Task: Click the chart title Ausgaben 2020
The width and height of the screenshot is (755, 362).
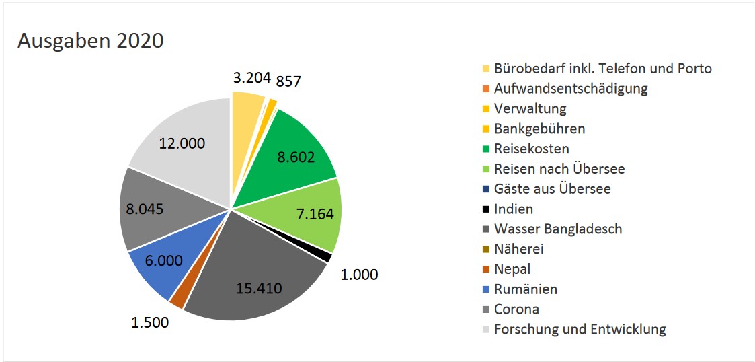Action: pos(90,40)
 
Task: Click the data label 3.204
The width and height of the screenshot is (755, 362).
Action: pos(251,77)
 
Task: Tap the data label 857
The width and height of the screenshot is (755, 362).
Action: pos(289,81)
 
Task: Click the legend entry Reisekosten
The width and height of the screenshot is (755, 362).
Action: pos(531,149)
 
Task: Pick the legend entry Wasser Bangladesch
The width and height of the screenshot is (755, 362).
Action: pos(557,229)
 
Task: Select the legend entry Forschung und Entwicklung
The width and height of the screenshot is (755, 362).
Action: pos(580,329)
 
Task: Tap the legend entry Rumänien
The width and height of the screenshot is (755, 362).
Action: pos(525,289)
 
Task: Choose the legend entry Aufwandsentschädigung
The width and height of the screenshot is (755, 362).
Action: pos(570,88)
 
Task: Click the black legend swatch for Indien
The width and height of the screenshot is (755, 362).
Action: pos(486,209)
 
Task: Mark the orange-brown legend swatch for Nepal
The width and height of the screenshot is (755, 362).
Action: pos(486,270)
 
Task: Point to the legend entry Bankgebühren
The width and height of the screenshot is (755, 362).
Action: pos(539,129)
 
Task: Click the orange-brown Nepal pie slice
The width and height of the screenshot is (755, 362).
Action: pos(177,299)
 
